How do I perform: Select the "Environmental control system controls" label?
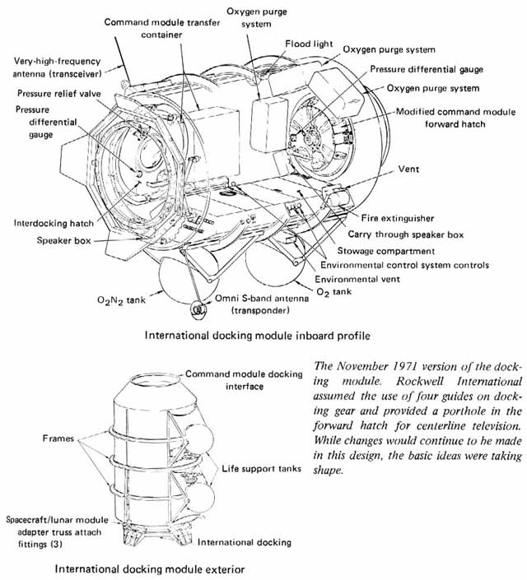404,265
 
